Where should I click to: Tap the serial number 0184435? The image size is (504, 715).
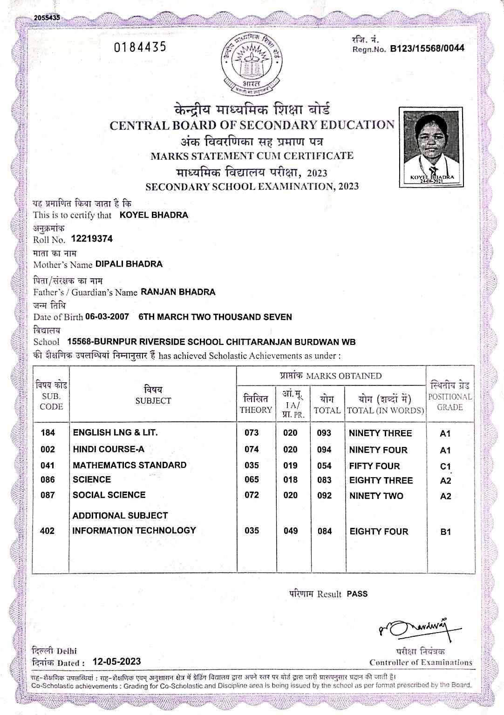140,47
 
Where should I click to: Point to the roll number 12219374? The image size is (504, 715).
92,239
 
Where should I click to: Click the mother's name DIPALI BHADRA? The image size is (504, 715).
129,264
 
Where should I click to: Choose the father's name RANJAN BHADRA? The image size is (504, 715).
178,292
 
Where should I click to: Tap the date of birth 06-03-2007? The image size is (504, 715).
107,317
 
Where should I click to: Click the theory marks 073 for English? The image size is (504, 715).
252,432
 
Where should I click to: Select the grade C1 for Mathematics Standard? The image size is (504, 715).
445,466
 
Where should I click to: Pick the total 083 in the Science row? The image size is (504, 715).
324,480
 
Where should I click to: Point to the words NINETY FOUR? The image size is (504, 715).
378,450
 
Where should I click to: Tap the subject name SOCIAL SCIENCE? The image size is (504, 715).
109,495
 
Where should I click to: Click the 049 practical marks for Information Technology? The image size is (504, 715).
291,531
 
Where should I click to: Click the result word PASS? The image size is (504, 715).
357,594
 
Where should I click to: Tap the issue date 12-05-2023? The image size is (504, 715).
116,661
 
